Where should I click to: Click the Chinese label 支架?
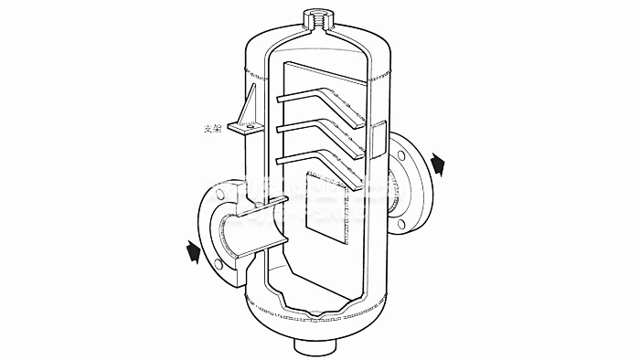point(211,129)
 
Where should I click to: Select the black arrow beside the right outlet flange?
point(440,164)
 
